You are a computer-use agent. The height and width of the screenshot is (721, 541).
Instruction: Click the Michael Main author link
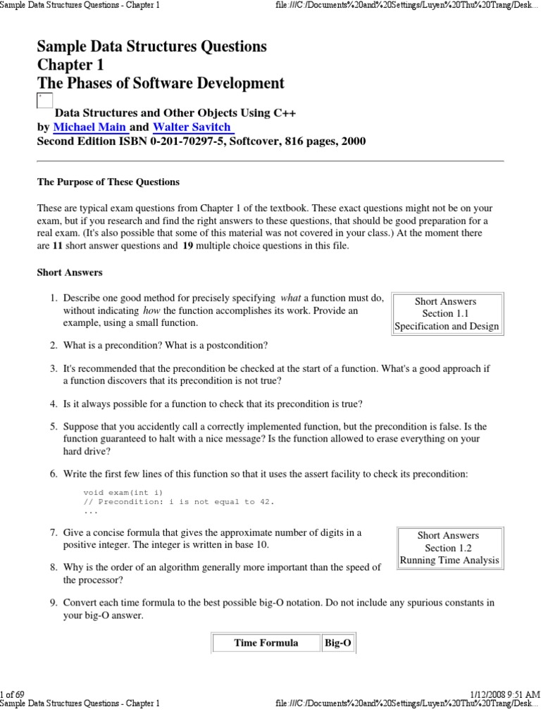(90, 127)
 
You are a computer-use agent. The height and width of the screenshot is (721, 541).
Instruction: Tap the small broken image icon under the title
(44, 101)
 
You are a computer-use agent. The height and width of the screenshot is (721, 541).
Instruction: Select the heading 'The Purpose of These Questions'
(108, 182)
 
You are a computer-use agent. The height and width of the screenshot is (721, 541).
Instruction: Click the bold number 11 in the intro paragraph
(58, 246)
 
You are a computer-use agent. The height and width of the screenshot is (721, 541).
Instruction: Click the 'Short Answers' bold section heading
(70, 272)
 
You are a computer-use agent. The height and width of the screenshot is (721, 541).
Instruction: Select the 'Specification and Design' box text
(447, 326)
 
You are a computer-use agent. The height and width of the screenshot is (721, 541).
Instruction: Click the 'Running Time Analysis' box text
(449, 560)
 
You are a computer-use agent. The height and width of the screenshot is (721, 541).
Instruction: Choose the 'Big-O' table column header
(338, 642)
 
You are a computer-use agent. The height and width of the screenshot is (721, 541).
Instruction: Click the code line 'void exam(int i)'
(127, 491)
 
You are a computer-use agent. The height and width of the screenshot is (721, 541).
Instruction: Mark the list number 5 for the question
(53, 427)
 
